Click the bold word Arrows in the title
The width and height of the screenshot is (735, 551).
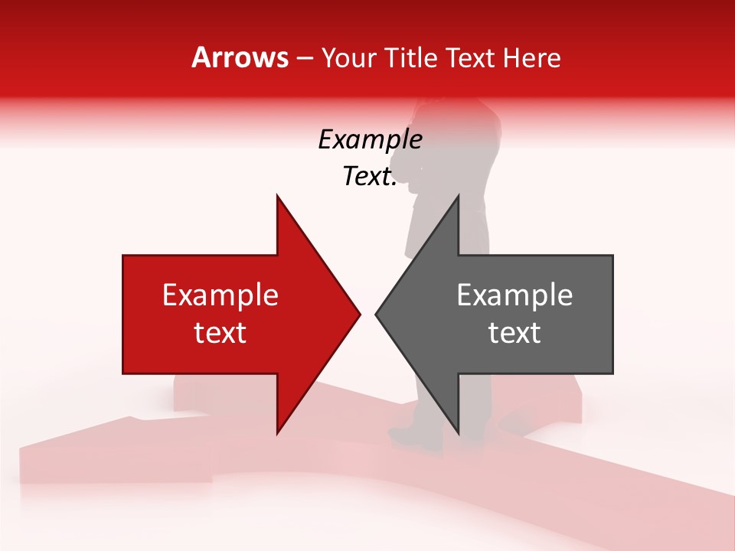pos(240,57)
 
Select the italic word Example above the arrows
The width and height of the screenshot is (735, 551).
pos(370,140)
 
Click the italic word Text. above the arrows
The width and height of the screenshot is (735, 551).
pos(370,177)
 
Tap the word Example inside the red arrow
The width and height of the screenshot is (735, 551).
pos(220,295)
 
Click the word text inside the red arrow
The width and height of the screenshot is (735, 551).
pos(220,333)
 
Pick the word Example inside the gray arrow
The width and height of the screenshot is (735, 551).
pos(514,295)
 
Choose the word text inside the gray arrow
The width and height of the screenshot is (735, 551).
pos(514,333)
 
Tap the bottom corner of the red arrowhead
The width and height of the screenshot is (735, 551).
pos(277,432)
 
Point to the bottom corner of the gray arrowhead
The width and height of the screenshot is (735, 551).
pos(458,432)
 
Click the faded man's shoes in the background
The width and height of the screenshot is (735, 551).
pos(417,438)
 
